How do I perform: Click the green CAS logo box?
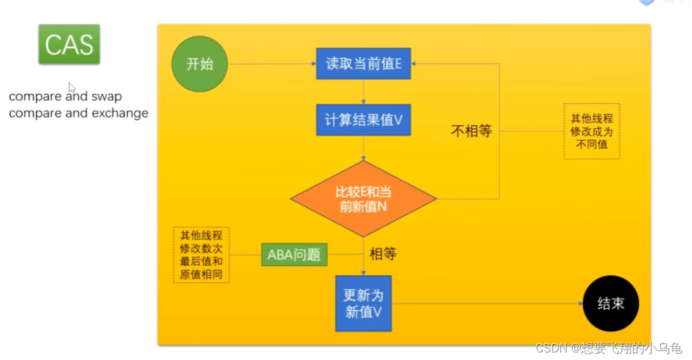69,44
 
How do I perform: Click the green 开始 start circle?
199,64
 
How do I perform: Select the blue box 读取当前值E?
363,64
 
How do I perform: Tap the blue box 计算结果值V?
363,120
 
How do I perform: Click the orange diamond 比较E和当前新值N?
363,199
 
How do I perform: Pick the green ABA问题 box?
294,255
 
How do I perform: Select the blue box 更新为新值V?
363,304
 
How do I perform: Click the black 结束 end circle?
610,304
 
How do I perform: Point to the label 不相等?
471,132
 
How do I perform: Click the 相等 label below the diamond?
383,254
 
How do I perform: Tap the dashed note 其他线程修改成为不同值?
591,132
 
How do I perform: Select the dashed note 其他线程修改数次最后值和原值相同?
201,254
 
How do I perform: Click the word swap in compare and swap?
106,97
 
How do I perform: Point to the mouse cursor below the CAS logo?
71,88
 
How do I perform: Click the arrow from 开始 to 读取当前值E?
272,64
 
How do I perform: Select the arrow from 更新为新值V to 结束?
487,304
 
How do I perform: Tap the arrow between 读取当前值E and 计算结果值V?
363,92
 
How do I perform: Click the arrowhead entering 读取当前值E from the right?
416,64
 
